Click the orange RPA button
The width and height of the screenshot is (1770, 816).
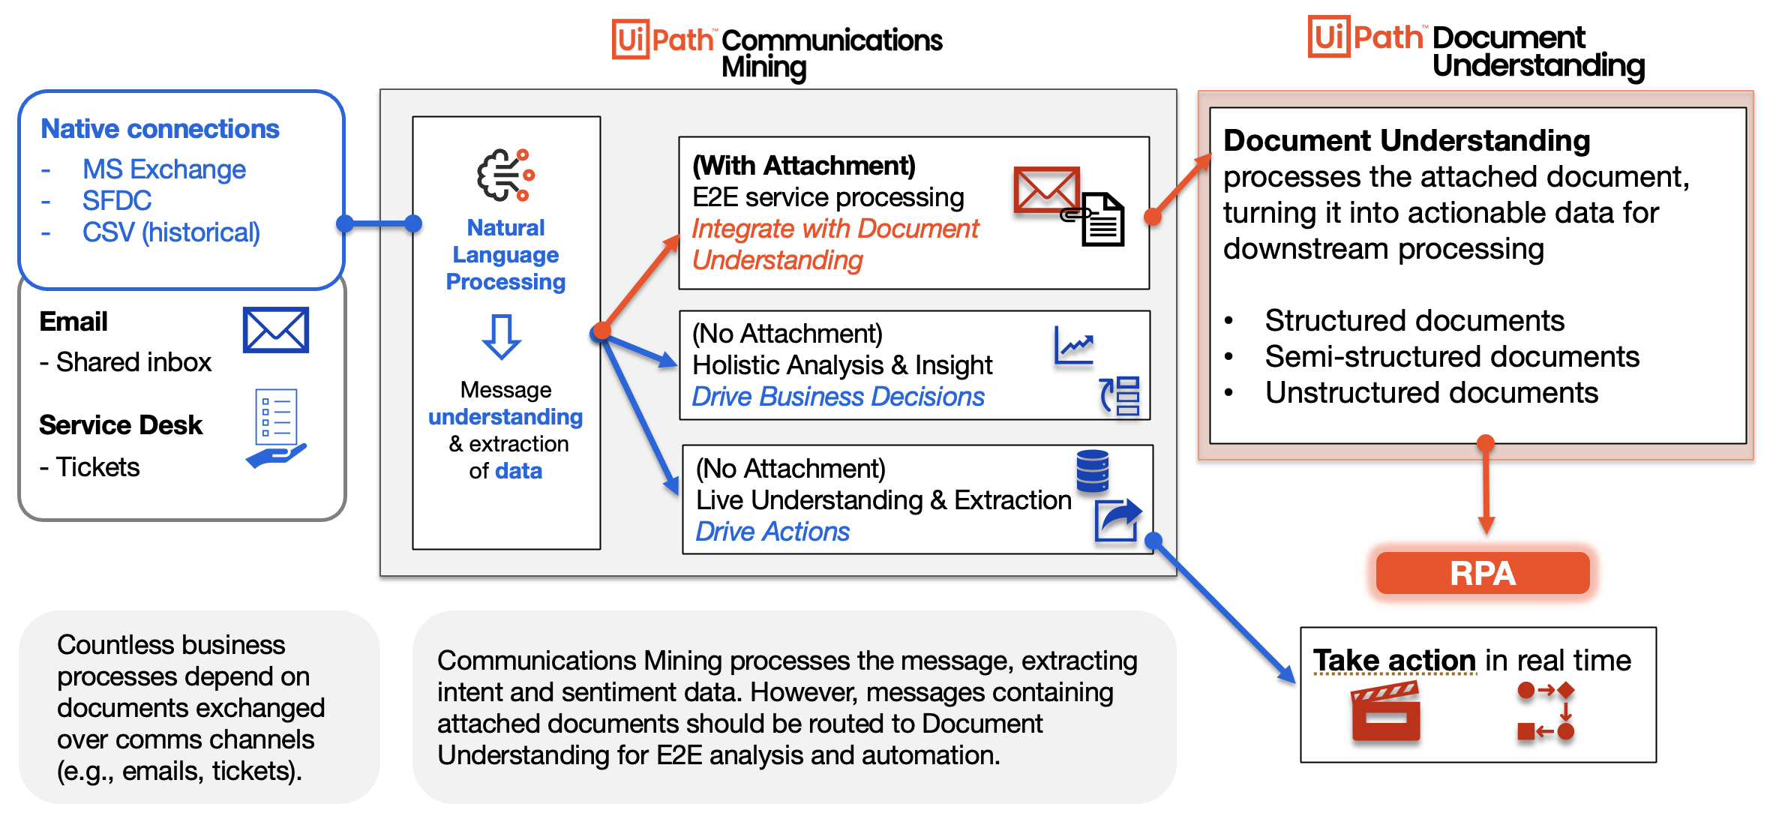1482,574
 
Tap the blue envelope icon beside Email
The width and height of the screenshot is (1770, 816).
275,330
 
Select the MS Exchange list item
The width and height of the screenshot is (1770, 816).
163,169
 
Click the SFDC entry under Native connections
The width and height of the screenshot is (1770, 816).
117,201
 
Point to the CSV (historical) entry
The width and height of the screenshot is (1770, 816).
171,232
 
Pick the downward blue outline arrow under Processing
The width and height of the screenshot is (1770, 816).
502,337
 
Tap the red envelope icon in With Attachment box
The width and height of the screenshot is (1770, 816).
1045,189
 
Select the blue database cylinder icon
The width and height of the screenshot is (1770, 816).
1092,470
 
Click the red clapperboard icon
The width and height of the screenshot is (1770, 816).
1385,711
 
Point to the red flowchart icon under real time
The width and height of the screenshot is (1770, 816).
1545,711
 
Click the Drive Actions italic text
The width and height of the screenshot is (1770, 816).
772,532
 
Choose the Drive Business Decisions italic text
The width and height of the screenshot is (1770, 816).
838,397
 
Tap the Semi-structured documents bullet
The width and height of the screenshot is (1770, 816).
1451,357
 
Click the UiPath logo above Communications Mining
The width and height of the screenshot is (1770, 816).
663,39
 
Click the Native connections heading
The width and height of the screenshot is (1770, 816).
160,129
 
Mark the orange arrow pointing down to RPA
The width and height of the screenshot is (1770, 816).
1486,487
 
